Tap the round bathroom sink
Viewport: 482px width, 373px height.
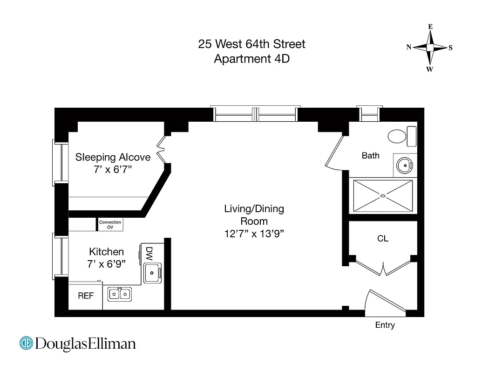pos(404,165)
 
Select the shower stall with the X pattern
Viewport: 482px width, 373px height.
pos(383,196)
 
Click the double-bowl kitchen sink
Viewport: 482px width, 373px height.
pos(120,294)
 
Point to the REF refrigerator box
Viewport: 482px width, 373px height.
pos(85,296)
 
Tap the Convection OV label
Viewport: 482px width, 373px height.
pos(110,225)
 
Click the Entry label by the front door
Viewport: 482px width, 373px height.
pos(385,325)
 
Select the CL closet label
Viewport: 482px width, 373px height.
pos(383,239)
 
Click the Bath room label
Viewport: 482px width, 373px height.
pos(371,156)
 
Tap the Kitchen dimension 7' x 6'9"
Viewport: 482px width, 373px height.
pos(107,264)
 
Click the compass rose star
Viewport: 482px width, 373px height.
pos(430,48)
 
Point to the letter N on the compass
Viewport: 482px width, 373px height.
pos(409,47)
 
